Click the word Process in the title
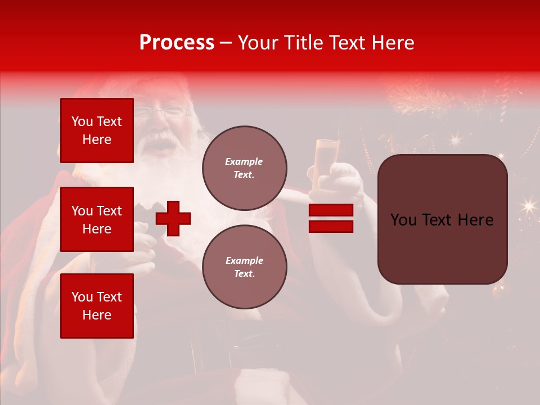[177, 43]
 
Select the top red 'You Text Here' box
[97, 130]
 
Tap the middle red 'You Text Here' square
[97, 219]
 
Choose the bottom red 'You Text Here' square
[97, 305]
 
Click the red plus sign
[173, 218]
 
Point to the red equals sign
[331, 218]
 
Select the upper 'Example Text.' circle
[244, 168]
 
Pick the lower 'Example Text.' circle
[244, 267]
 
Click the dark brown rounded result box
[442, 219]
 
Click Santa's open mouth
[165, 147]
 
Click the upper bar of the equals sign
[331, 210]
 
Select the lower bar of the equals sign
[331, 227]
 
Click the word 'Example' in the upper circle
[244, 161]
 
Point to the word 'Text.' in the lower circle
[244, 274]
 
